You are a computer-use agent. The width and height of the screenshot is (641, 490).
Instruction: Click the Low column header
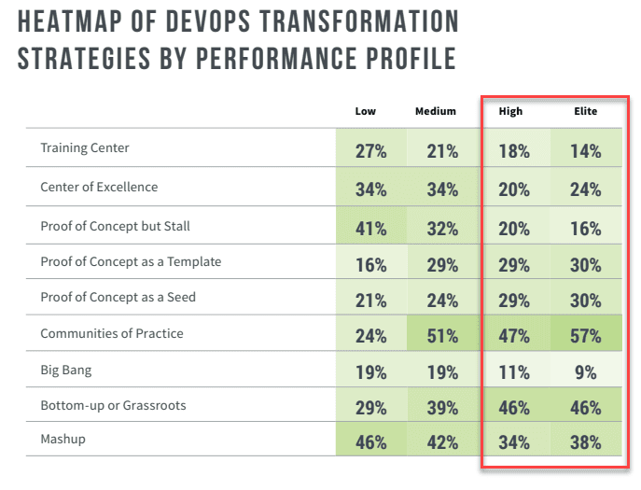click(365, 111)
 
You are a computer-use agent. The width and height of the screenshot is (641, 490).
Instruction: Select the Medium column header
click(436, 111)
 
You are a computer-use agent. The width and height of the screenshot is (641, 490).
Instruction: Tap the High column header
click(510, 111)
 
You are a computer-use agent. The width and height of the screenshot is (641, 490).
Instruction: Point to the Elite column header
click(585, 111)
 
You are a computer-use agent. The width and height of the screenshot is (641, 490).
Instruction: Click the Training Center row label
click(85, 147)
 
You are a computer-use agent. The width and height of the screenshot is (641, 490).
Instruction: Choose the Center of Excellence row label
click(99, 187)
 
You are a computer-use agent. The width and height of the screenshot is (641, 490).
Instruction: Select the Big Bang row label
click(67, 371)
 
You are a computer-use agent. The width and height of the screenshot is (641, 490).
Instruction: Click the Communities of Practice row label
click(112, 333)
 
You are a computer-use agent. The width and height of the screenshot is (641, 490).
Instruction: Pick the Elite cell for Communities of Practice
click(585, 334)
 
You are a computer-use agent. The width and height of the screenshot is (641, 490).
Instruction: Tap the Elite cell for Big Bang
click(585, 371)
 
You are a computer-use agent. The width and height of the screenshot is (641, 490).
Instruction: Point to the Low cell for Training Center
click(370, 151)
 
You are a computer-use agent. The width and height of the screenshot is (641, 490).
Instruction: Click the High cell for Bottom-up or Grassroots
click(513, 408)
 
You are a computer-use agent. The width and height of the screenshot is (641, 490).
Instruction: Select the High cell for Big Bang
click(513, 371)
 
